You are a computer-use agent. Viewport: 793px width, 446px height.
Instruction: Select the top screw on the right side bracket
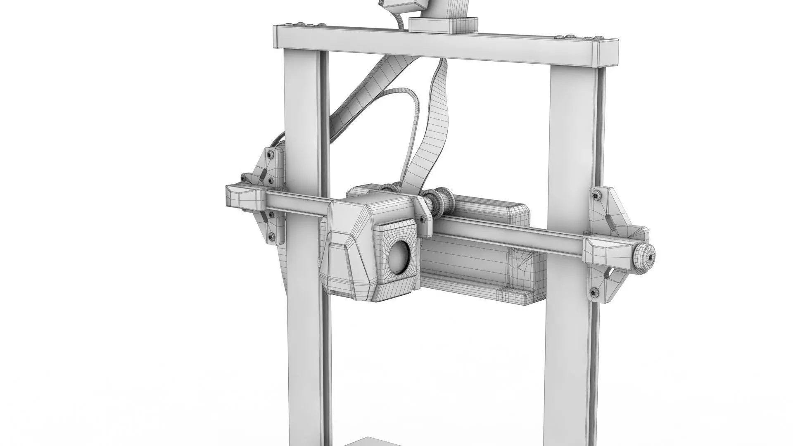pyautogui.click(x=597, y=195)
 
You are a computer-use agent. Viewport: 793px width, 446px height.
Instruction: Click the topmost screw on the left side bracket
pyautogui.click(x=270, y=155)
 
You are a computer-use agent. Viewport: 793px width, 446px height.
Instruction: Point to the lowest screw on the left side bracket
pyautogui.click(x=271, y=237)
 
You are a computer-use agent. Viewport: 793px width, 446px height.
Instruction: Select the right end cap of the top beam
pyautogui.click(x=607, y=54)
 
